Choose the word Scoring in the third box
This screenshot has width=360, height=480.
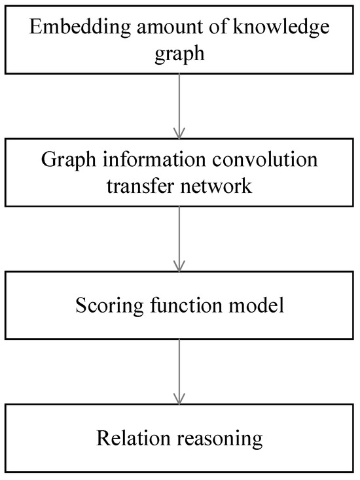105,305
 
